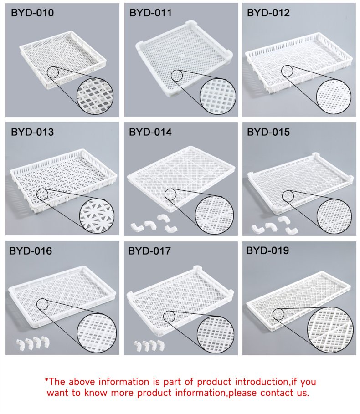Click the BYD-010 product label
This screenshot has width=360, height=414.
pyautogui.click(x=32, y=13)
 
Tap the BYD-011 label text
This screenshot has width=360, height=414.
pyautogui.click(x=150, y=13)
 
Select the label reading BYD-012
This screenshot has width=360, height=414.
pyautogui.click(x=268, y=13)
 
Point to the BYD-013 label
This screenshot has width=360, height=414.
pyautogui.click(x=32, y=132)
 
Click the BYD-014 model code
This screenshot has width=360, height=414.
pyautogui.click(x=150, y=132)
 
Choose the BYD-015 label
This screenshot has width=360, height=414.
pyautogui.click(x=268, y=132)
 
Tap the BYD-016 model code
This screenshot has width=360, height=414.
pyautogui.click(x=31, y=250)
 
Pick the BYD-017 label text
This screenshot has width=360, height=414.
pyautogui.click(x=149, y=250)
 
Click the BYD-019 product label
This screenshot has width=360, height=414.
pyautogui.click(x=267, y=250)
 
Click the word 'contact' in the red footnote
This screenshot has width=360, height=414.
pyautogui.click(x=275, y=393)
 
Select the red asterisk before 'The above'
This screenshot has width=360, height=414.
pyautogui.click(x=46, y=380)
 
